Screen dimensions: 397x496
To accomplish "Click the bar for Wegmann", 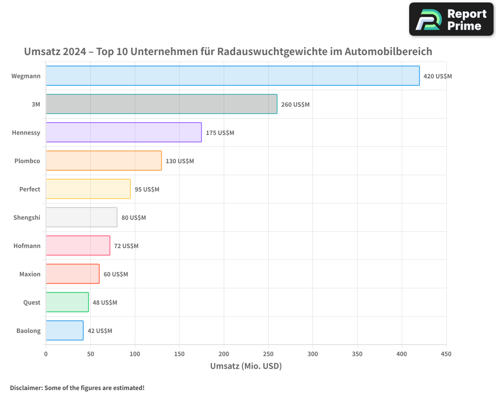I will [x=233, y=76].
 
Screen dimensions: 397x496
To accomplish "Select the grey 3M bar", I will [x=161, y=104].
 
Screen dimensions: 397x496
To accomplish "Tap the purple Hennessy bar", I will [x=124, y=132].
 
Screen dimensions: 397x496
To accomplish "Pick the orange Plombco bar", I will [x=104, y=161].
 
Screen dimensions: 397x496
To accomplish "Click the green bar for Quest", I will [x=67, y=302].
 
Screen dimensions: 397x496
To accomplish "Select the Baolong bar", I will [x=64, y=331].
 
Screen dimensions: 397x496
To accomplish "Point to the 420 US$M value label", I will [x=437, y=76].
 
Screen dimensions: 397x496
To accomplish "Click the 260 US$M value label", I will [x=295, y=105].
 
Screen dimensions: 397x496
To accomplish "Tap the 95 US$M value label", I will [x=147, y=190].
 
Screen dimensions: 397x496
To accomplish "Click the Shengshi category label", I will [x=27, y=217].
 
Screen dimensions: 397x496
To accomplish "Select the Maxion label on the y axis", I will [x=30, y=274].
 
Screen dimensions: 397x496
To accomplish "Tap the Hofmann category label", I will [x=27, y=246].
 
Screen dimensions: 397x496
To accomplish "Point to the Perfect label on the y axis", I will [x=30, y=189].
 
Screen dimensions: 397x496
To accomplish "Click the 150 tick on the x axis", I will [x=179, y=354].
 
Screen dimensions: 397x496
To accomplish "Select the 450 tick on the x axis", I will [x=446, y=354].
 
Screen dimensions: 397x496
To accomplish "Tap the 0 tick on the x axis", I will [x=46, y=354].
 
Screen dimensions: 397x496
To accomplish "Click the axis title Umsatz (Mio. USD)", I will [x=246, y=366].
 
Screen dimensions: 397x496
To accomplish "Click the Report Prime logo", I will [x=451, y=19].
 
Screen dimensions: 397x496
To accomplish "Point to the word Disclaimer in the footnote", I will [x=25, y=388].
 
